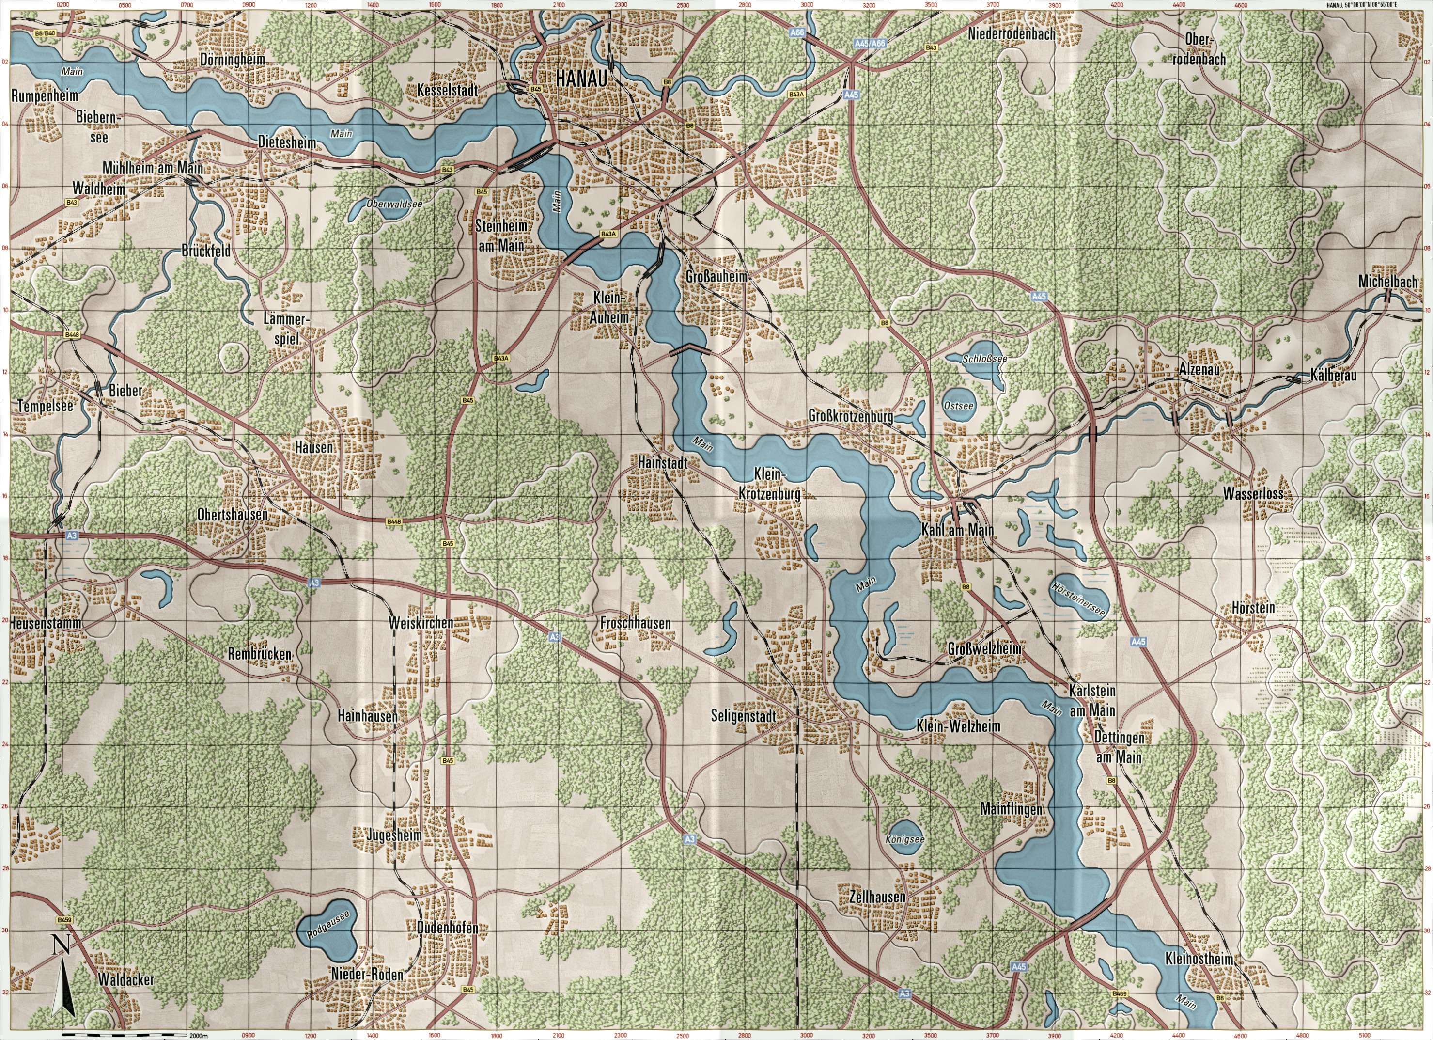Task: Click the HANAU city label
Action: tap(581, 79)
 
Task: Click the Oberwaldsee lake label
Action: tap(394, 204)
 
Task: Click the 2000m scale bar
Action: tap(126, 1035)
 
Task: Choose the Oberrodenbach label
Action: tap(1205, 49)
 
